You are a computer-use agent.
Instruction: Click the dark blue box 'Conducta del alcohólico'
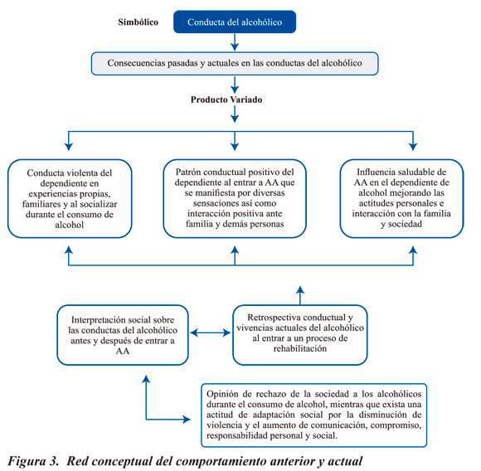click(x=235, y=22)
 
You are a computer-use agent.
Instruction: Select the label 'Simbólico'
click(x=138, y=22)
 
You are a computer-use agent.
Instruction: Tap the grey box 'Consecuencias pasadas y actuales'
click(x=235, y=64)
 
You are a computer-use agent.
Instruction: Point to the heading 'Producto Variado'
click(x=226, y=100)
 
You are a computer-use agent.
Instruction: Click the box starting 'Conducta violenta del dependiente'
click(x=70, y=199)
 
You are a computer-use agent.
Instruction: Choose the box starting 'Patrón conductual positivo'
click(x=235, y=198)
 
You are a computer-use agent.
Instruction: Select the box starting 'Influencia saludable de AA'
click(x=401, y=198)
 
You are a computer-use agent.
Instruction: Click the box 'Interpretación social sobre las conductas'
click(x=123, y=335)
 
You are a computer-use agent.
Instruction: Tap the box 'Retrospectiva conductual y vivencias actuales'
click(x=300, y=335)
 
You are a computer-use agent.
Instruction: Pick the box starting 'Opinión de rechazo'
click(x=313, y=415)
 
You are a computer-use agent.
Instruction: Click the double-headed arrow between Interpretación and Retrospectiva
click(x=211, y=333)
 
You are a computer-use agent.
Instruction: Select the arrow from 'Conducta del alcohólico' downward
click(x=235, y=42)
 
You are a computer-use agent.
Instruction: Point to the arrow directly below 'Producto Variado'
click(x=235, y=114)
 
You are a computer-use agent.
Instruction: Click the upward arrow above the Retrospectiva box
click(x=300, y=295)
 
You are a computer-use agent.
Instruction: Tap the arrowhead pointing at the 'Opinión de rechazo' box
click(x=187, y=420)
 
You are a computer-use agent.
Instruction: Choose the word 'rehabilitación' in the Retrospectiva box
click(x=300, y=348)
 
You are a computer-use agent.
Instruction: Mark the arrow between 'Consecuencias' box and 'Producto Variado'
click(x=235, y=85)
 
